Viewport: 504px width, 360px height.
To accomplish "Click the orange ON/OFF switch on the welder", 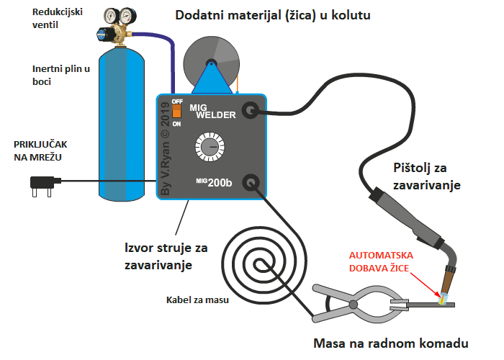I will pos(175,112).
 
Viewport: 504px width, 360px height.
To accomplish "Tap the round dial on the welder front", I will pos(210,148).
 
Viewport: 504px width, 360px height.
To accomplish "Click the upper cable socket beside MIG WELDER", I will pos(250,110).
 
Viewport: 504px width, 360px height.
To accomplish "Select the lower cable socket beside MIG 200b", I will pos(250,183).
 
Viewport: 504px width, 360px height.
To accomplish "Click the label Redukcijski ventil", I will pos(54,19).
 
